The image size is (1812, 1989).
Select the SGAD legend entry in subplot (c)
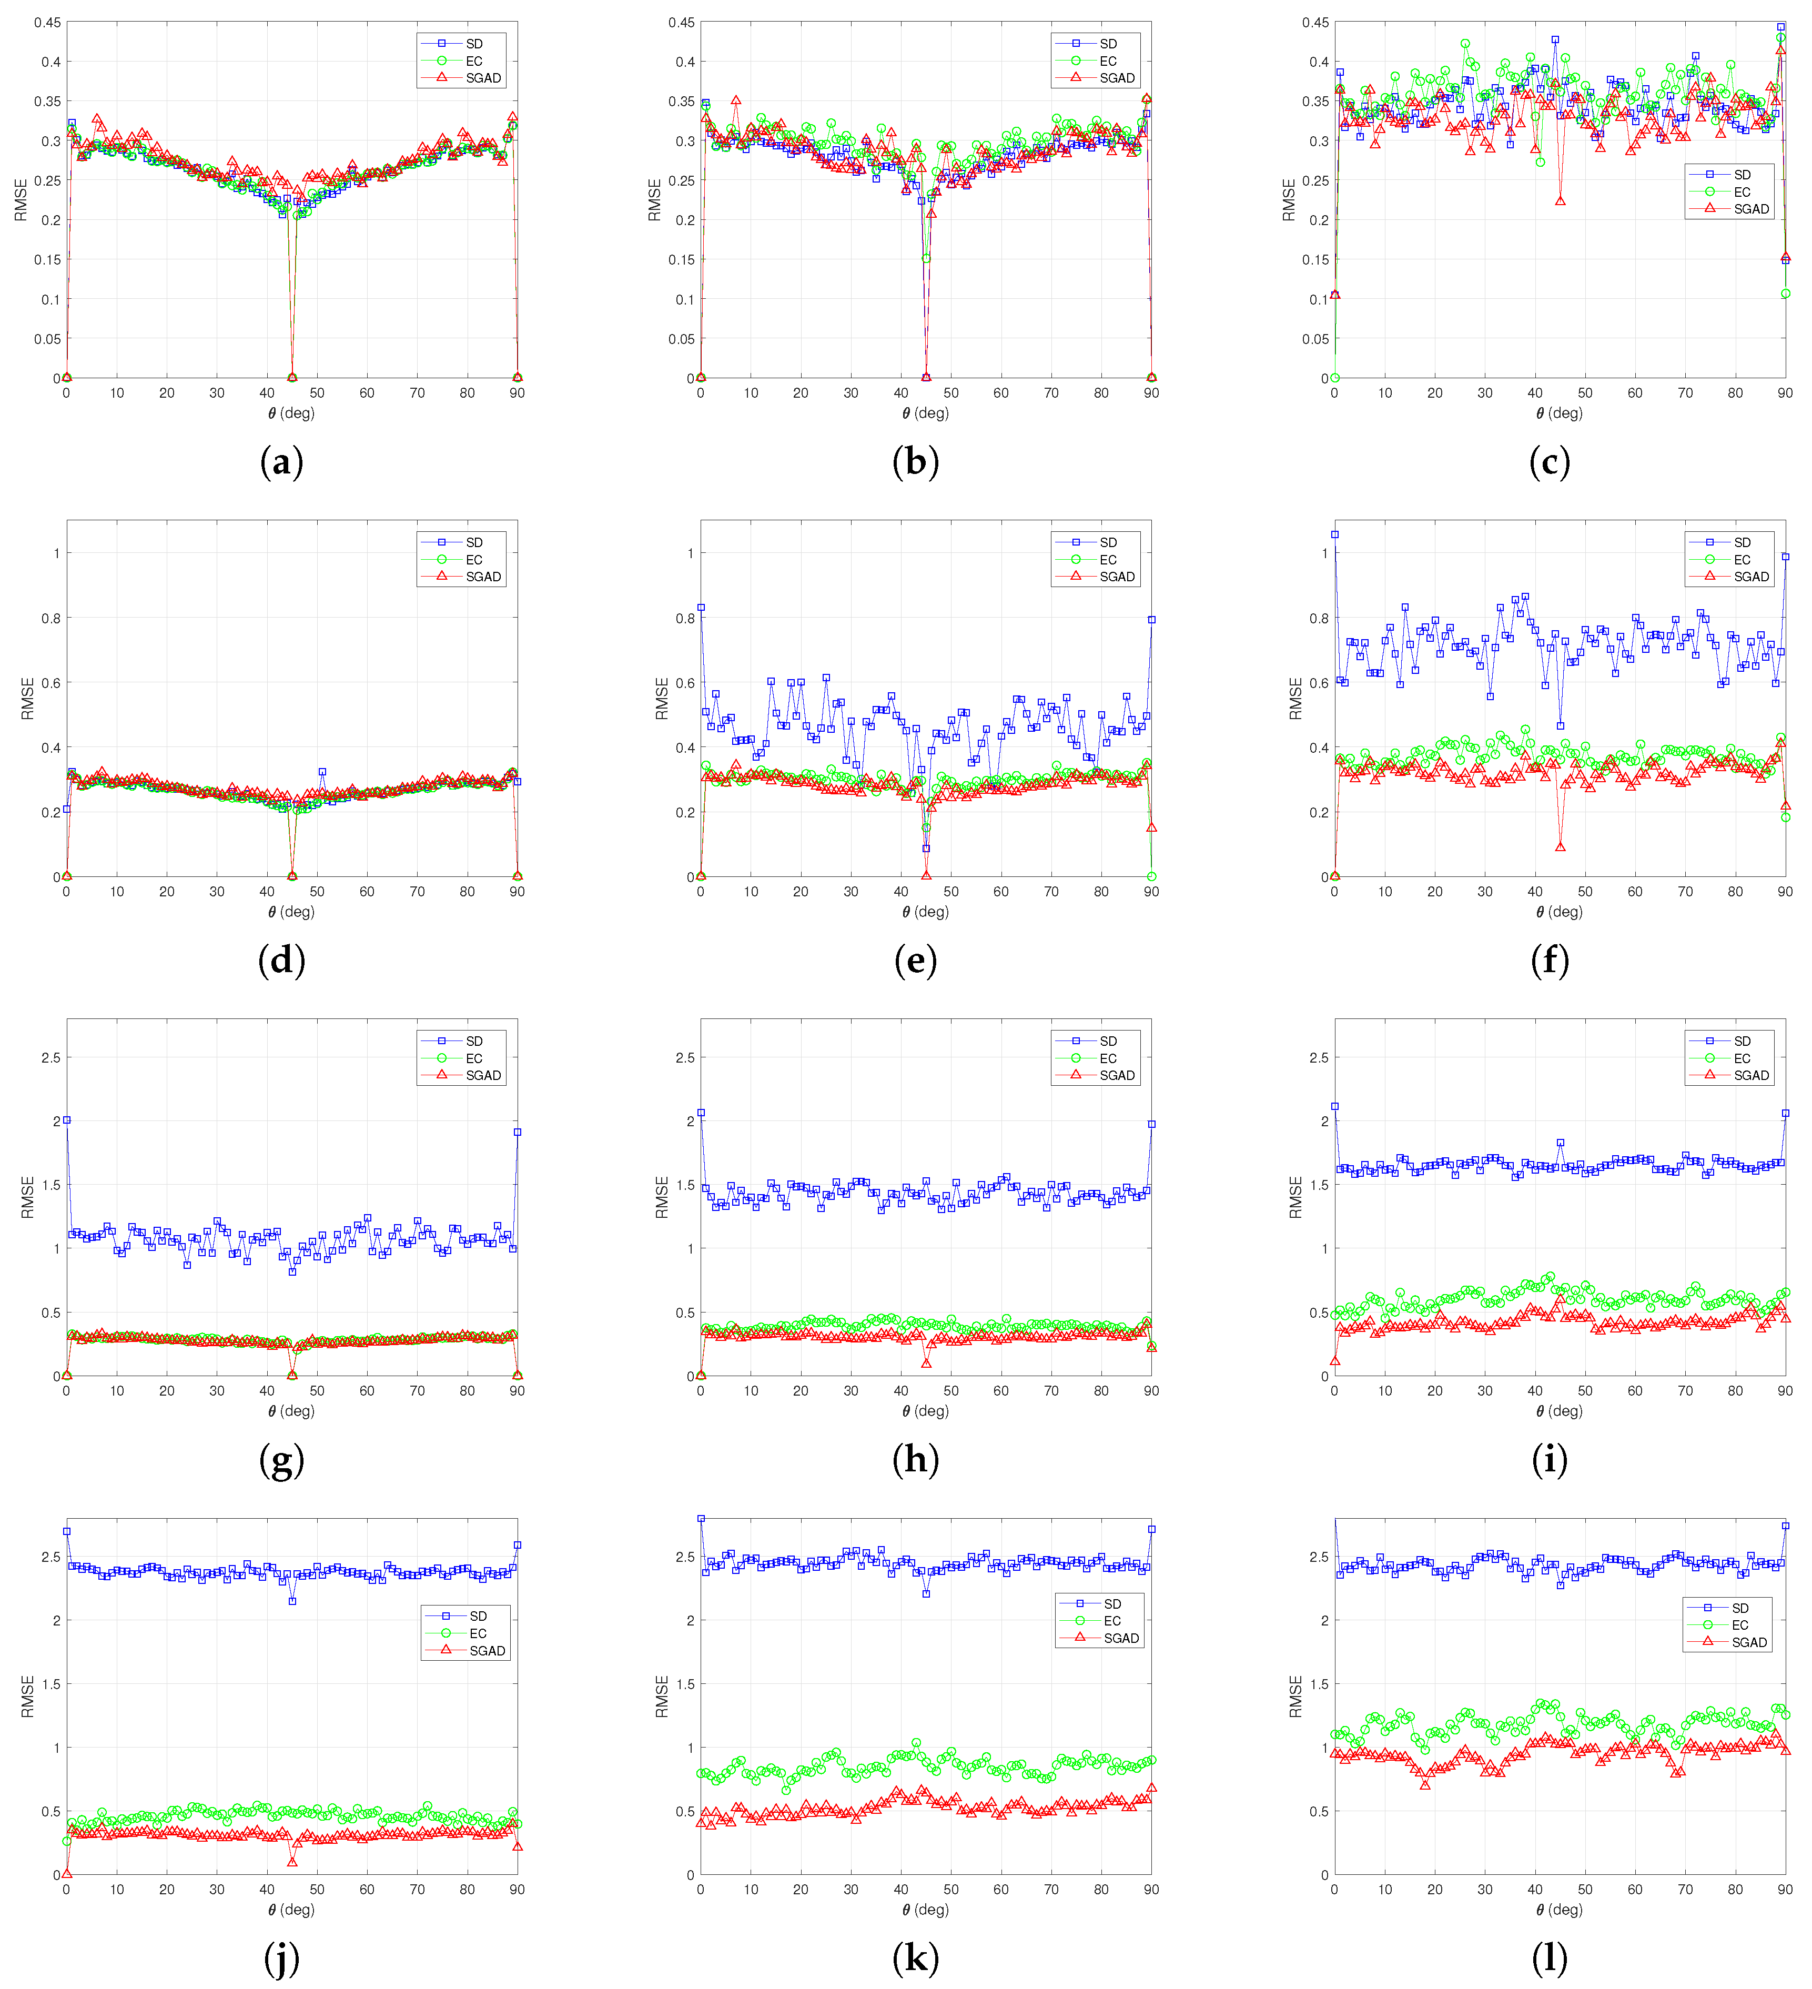pos(1751,209)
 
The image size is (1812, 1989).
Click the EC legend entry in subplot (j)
pos(478,1633)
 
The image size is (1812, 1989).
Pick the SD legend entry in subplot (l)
pos(1740,1607)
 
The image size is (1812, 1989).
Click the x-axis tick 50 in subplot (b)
pos(951,392)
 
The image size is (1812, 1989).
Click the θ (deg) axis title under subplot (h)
pos(925,1411)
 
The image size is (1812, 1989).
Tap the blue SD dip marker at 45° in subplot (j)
pos(292,1601)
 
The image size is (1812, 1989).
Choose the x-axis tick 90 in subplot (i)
pos(1784,1390)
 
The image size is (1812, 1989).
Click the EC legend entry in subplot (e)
pos(1108,559)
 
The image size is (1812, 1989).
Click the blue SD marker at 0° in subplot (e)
pos(701,608)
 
